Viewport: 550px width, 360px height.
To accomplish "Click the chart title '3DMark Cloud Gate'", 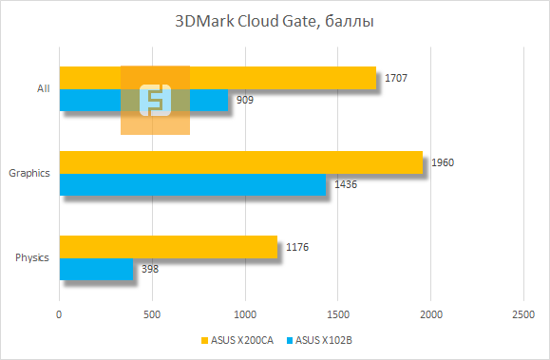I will [x=275, y=21].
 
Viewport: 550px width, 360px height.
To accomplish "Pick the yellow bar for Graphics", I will [x=240, y=162].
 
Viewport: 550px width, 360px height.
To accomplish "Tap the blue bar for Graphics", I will [x=192, y=184].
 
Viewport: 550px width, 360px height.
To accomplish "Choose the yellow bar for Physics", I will [x=168, y=247].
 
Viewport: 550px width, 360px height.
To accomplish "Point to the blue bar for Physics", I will [x=96, y=269].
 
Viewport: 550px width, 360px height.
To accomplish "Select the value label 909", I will [x=244, y=100].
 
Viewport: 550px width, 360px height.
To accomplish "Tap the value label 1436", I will [x=345, y=184].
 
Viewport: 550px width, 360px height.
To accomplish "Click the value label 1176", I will [x=296, y=247].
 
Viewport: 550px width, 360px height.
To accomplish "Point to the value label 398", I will [x=149, y=269].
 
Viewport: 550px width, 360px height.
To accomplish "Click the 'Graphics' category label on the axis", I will [x=28, y=173].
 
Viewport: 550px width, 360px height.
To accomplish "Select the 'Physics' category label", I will [x=32, y=257].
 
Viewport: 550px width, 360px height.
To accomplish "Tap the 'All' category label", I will [x=43, y=88].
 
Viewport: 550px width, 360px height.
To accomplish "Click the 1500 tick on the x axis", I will [x=338, y=313].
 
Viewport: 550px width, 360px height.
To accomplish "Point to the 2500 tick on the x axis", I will [x=523, y=313].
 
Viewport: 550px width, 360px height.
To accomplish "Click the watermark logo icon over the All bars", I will [x=155, y=100].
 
